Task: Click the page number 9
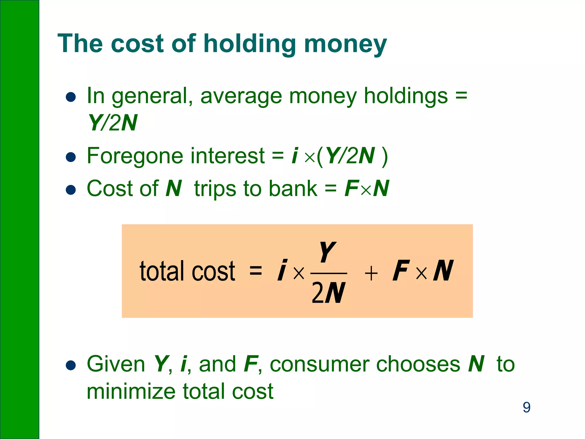point(526,407)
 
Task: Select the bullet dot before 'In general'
point(71,97)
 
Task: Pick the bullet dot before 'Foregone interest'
point(71,157)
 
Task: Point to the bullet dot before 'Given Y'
point(71,365)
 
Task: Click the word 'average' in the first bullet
point(241,96)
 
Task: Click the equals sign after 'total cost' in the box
point(256,270)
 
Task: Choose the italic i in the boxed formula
point(282,270)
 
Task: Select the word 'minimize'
point(131,391)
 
